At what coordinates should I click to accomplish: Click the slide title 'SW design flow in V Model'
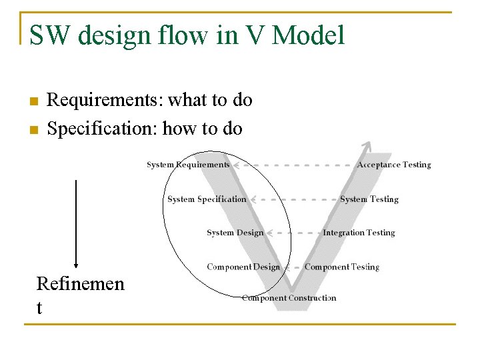pos(187,35)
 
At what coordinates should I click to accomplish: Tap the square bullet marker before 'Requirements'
pos(31,101)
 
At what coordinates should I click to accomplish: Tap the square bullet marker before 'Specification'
pos(31,129)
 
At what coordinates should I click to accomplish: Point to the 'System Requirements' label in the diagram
pos(188,165)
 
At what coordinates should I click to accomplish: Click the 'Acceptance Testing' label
pos(394,165)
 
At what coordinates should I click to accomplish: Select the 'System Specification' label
pos(207,199)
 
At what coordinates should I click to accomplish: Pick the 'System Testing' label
pos(369,199)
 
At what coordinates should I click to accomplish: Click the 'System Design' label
pos(235,233)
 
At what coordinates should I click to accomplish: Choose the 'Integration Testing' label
pos(359,233)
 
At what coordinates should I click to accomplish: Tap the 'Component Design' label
pos(243,267)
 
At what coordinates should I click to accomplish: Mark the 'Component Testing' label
pos(341,267)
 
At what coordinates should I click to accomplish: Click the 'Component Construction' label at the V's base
pos(289,298)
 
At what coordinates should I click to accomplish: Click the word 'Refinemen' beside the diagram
pos(80,284)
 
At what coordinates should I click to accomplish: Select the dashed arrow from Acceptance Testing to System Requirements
pos(293,164)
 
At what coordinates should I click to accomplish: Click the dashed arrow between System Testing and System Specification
pos(293,199)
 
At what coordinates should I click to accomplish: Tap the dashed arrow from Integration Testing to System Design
pos(293,233)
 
